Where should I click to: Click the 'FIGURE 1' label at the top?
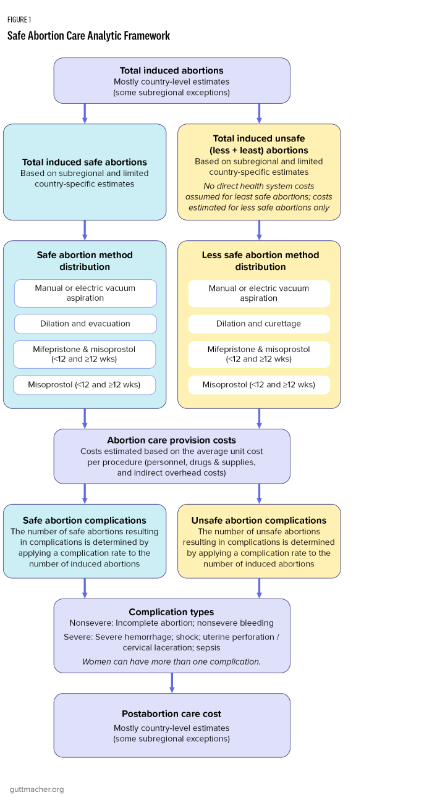[x=19, y=20]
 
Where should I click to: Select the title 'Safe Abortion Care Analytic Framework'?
[x=88, y=36]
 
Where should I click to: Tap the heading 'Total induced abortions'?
[x=172, y=70]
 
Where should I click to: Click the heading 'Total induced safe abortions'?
[x=85, y=162]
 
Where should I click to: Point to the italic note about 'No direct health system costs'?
[x=259, y=196]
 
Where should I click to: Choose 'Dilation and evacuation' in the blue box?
[x=85, y=324]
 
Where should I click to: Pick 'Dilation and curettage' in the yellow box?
[x=259, y=324]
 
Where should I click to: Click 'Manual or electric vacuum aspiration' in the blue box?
[x=85, y=293]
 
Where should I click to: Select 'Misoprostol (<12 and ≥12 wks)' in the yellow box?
[x=259, y=384]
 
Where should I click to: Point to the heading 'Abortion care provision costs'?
[x=172, y=440]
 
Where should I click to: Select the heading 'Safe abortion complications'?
[x=85, y=520]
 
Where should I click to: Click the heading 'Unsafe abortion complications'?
[x=259, y=520]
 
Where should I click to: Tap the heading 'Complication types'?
[x=172, y=612]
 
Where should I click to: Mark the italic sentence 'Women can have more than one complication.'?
[x=172, y=661]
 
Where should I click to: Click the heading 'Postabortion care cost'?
[x=172, y=713]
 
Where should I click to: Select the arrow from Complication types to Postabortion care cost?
[x=172, y=683]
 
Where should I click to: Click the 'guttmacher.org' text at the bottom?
[x=36, y=789]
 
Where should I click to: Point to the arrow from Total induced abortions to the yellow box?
[x=259, y=113]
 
